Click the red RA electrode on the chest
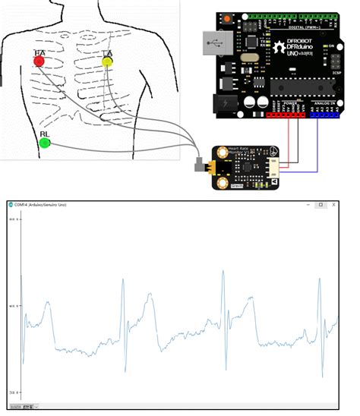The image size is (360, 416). click(39, 61)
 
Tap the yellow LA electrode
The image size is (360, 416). click(107, 61)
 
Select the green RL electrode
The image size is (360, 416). click(44, 143)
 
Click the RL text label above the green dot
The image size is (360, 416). click(44, 134)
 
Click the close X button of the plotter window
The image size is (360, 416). click(336, 205)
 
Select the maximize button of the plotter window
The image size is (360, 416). click(321, 205)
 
